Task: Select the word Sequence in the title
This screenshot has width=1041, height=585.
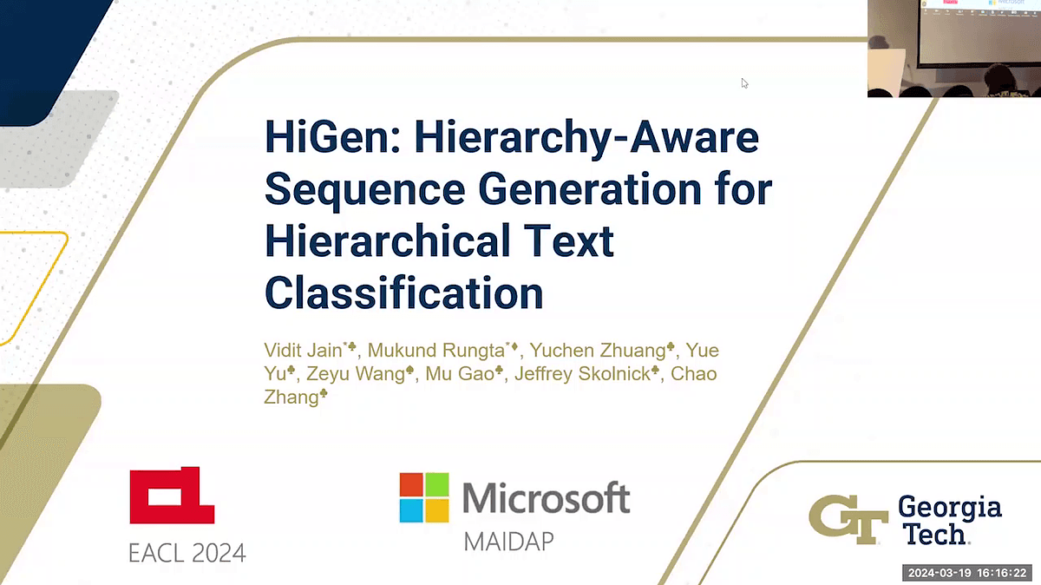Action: pyautogui.click(x=365, y=190)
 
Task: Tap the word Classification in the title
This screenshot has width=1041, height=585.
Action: pyautogui.click(x=404, y=293)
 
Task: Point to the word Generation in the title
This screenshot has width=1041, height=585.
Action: pyautogui.click(x=590, y=189)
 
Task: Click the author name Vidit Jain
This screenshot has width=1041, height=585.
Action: pyautogui.click(x=303, y=350)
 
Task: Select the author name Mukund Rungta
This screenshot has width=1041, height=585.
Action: pyautogui.click(x=435, y=350)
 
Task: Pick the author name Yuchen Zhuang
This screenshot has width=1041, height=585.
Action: pyautogui.click(x=598, y=350)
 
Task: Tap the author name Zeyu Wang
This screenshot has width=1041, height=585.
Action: pyautogui.click(x=356, y=374)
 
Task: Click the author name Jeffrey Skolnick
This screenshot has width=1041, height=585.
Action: pyautogui.click(x=582, y=374)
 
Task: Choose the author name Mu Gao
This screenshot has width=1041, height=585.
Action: pyautogui.click(x=460, y=374)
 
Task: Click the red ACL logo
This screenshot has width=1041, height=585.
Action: pyautogui.click(x=172, y=496)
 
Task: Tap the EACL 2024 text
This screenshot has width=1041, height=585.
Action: pyautogui.click(x=187, y=553)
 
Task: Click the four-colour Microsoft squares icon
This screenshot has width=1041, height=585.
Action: pyautogui.click(x=424, y=497)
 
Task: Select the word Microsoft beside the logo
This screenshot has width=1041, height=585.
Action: pyautogui.click(x=547, y=497)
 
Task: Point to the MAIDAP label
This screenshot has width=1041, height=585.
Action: pyautogui.click(x=509, y=542)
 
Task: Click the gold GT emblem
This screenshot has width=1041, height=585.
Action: pyautogui.click(x=848, y=519)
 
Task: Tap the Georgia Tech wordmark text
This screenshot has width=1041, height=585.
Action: pyautogui.click(x=950, y=520)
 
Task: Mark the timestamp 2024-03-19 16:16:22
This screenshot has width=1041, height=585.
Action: pyautogui.click(x=967, y=573)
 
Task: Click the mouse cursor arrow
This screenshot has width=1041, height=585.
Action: pyautogui.click(x=744, y=83)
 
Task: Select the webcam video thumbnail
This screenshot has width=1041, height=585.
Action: pyautogui.click(x=954, y=49)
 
